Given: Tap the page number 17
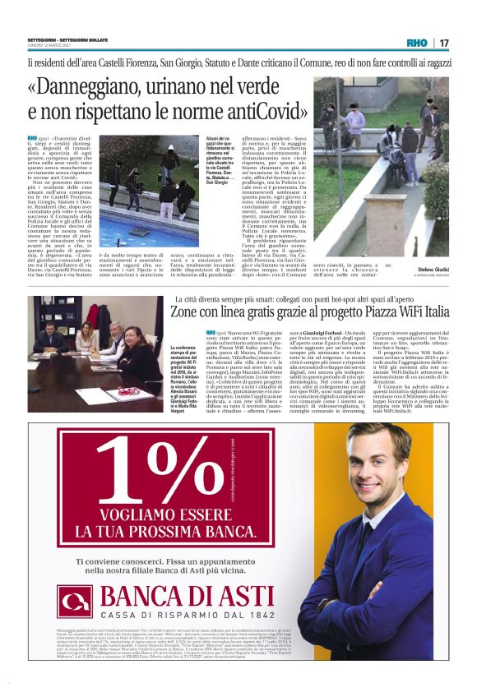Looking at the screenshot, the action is [x=443, y=43].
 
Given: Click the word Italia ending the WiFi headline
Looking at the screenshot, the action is [x=428, y=312].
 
